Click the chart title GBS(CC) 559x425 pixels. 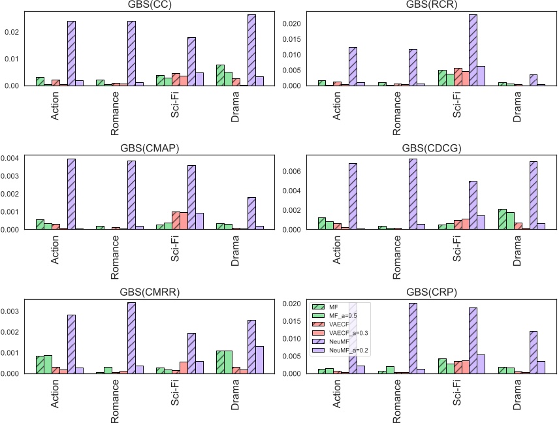155,6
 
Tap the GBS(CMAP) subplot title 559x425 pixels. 155,148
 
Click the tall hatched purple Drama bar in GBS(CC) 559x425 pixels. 252,50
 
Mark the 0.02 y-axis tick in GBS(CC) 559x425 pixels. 14,32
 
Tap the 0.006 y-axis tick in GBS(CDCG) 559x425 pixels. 293,171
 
